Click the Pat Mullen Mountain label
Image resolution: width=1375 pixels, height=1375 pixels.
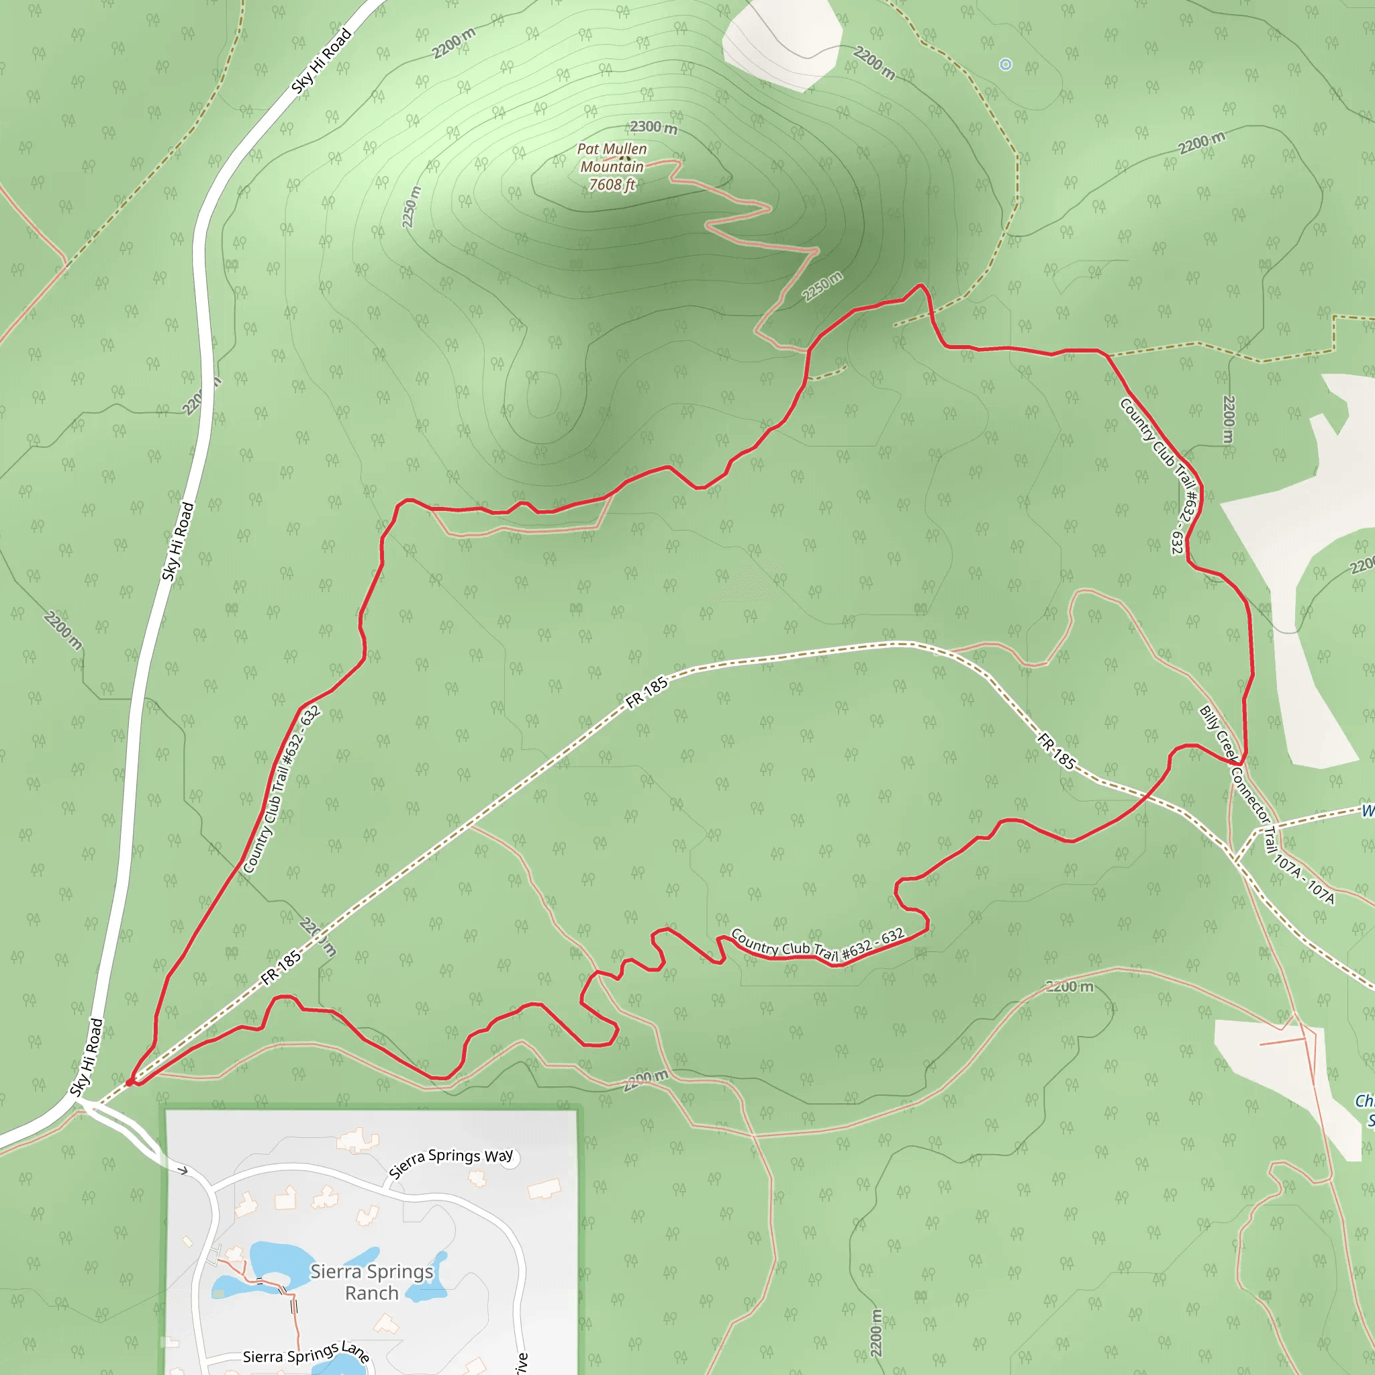tap(612, 158)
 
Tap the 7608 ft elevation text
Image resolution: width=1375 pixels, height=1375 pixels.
tap(612, 185)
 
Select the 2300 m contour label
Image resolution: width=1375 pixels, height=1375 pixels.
tap(653, 128)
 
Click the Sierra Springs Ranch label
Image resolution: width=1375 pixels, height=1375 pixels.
tap(371, 1282)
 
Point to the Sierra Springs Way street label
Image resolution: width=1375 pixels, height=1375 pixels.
tap(451, 1162)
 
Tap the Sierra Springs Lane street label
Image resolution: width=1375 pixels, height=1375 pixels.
tap(306, 1353)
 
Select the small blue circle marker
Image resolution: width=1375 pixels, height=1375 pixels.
tap(1005, 64)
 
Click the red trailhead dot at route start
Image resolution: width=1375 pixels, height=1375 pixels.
tap(130, 1082)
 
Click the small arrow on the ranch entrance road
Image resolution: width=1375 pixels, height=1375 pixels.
tap(183, 1170)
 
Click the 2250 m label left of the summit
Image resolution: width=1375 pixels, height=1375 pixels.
tap(412, 207)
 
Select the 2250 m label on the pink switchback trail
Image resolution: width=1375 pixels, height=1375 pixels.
tap(822, 286)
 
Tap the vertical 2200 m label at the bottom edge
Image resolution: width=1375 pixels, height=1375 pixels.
tap(876, 1332)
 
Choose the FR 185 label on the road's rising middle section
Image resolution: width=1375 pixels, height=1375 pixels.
tap(647, 692)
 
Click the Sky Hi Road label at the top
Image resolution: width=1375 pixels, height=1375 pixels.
tap(322, 61)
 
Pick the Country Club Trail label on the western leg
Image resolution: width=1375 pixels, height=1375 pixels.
tap(281, 790)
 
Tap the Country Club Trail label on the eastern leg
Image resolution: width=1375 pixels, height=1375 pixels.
tap(1161, 475)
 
